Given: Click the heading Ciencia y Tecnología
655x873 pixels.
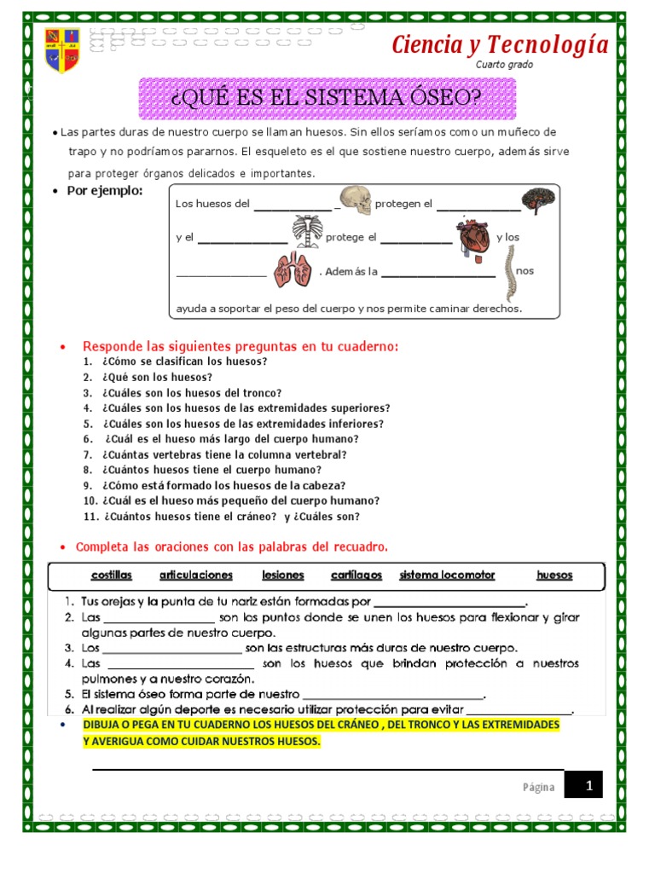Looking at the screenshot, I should coord(500,45).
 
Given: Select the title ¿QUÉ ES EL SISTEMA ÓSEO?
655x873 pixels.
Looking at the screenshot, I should coord(327,98).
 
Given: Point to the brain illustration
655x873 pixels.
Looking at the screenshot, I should coord(538,202).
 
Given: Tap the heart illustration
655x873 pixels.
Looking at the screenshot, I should coord(472,238).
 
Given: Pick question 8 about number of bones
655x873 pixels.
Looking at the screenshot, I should coord(211,470).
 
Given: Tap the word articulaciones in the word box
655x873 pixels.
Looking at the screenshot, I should coord(195,575).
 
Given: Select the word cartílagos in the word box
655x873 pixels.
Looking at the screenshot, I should coord(356,575).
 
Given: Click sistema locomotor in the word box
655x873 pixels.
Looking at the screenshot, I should coord(447,575).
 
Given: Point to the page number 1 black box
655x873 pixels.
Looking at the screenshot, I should coord(588,785).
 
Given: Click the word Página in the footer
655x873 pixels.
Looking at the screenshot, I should coord(538,787).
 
